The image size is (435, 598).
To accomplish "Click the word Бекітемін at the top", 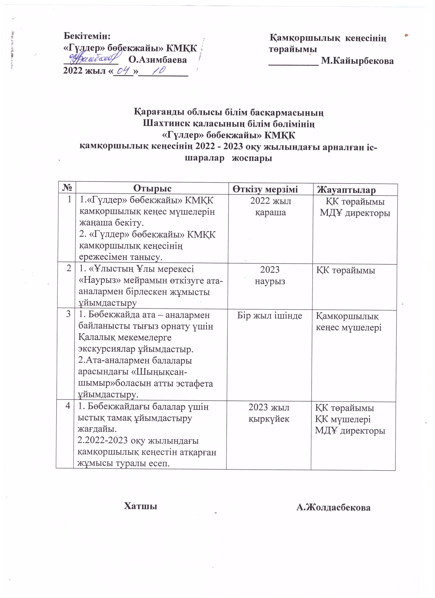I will click(87, 36).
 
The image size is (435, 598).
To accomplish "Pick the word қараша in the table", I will click(270, 212).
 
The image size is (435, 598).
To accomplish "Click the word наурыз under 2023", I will click(270, 281).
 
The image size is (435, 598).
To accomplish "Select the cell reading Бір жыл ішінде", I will click(269, 316).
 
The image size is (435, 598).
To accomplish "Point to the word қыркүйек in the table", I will click(269, 419).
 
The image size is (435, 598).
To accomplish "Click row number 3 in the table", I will click(68, 314).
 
